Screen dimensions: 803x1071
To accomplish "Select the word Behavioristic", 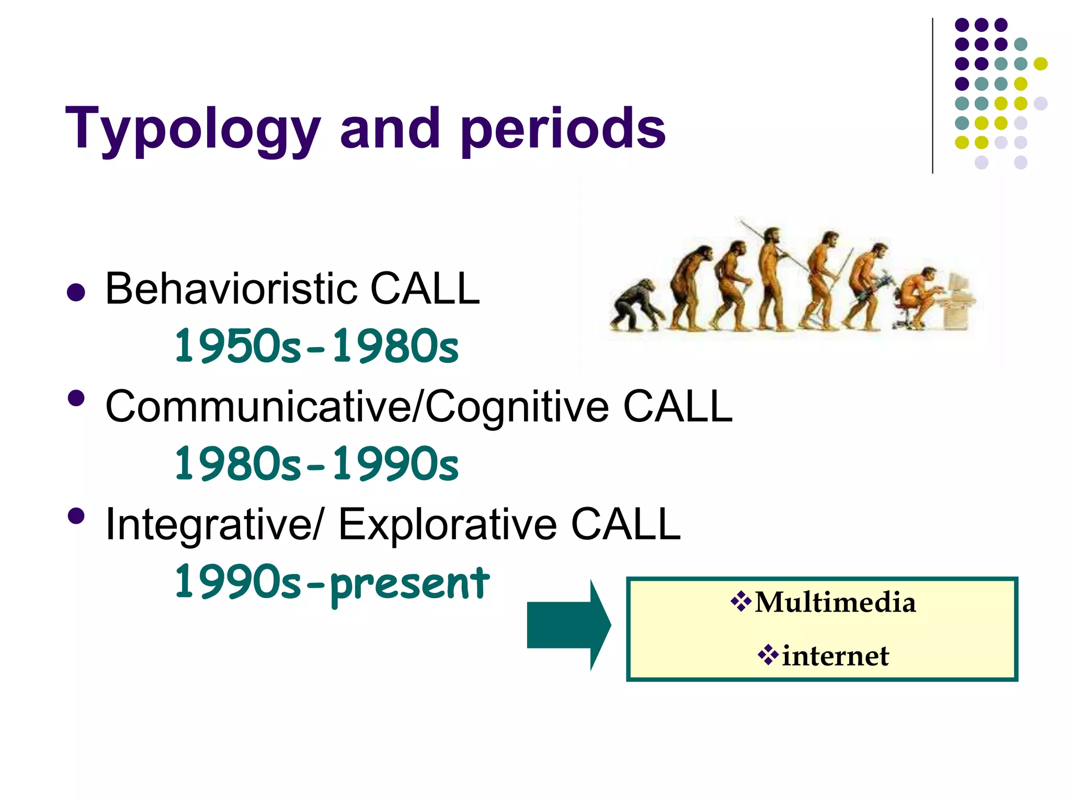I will tap(232, 289).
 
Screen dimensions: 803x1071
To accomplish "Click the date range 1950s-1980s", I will tap(316, 346).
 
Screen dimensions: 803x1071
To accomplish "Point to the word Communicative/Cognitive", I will tap(357, 407).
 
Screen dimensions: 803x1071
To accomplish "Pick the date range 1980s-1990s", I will tap(316, 464).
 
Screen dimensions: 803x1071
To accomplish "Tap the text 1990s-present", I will tap(332, 582).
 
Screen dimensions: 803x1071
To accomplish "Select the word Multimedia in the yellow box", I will tap(835, 602).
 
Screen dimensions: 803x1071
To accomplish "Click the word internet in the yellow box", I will tap(835, 656).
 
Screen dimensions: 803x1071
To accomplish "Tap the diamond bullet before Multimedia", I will tap(740, 602).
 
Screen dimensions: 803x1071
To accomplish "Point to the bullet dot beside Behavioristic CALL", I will tap(76, 293).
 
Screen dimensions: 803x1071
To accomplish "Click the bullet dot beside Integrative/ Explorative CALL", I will tap(76, 517).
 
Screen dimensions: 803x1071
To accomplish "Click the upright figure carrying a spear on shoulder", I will tap(770, 277).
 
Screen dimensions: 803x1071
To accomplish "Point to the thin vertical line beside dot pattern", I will tap(932, 94).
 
